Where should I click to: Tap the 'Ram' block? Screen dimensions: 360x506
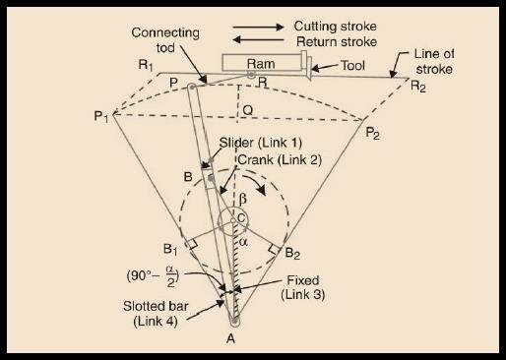[262, 63]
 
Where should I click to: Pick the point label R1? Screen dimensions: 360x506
[148, 65]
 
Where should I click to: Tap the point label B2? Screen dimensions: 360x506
[292, 252]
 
